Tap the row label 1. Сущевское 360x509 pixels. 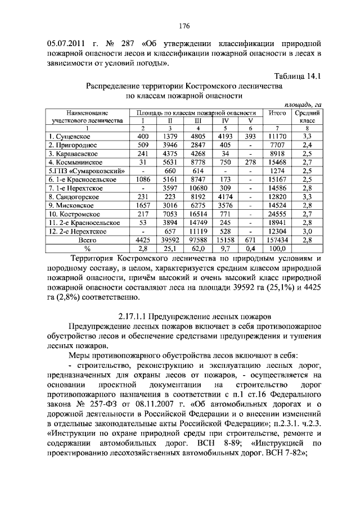coord(70,136)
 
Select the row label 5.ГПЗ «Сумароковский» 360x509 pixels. coord(79,171)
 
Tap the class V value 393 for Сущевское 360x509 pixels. coord(250,136)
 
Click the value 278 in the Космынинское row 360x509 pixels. coord(250,162)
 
